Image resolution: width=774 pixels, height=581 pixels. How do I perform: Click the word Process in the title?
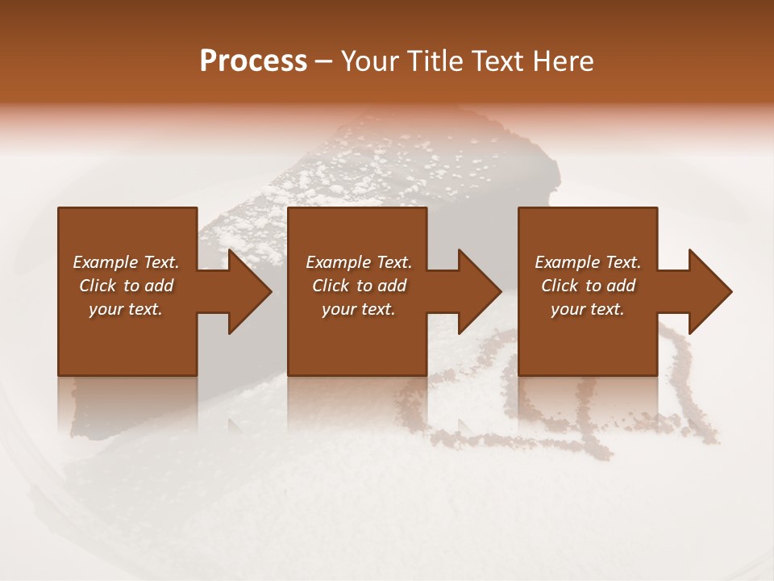click(x=253, y=61)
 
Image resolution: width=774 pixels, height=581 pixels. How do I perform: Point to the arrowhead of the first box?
click(x=250, y=291)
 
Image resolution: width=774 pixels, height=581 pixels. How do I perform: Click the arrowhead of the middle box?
click(x=480, y=291)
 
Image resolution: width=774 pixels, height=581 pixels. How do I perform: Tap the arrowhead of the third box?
click(x=710, y=291)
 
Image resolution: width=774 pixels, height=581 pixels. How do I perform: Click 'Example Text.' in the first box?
click(x=126, y=262)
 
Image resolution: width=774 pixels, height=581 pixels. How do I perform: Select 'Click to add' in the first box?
click(x=126, y=286)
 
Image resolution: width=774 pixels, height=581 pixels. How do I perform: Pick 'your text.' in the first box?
click(x=126, y=309)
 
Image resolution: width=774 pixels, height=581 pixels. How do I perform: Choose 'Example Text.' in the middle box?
click(x=359, y=262)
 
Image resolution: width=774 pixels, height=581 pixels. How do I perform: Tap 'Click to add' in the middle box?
click(x=359, y=286)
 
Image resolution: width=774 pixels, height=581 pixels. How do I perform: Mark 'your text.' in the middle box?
click(x=359, y=309)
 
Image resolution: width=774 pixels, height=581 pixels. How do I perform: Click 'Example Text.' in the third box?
click(x=588, y=262)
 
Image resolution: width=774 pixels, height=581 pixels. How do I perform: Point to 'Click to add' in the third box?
click(x=588, y=286)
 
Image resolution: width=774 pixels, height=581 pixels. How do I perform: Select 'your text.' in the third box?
click(x=588, y=309)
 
